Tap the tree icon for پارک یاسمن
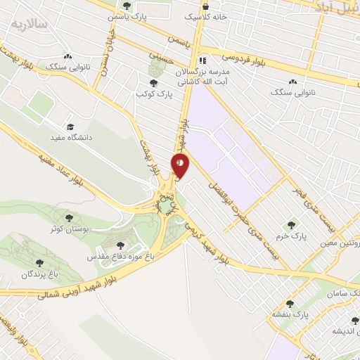127,6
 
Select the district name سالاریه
29,23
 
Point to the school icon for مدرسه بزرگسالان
202,60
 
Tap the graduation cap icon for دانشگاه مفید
70,127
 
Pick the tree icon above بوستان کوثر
68,218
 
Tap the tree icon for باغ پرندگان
39,263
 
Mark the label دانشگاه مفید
70,138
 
